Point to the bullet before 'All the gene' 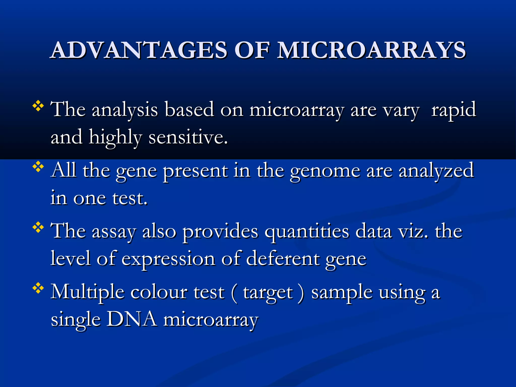[38, 167]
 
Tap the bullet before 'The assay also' [38, 228]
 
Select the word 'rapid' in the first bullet [454, 110]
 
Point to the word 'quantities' [307, 232]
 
